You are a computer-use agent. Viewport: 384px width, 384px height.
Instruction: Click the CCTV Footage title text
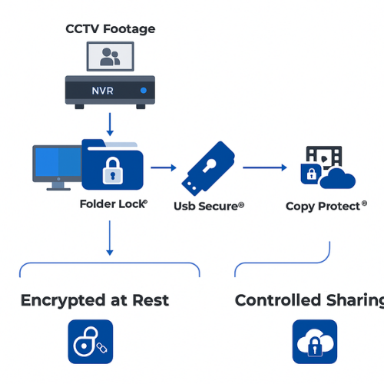pyautogui.click(x=110, y=29)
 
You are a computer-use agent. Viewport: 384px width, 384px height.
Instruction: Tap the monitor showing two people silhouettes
pyautogui.click(x=111, y=57)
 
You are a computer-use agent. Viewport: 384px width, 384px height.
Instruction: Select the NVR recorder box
pyautogui.click(x=110, y=91)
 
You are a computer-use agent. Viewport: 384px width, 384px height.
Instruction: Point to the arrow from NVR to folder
pyautogui.click(x=110, y=123)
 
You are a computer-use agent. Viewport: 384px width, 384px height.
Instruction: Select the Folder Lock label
pyautogui.click(x=113, y=204)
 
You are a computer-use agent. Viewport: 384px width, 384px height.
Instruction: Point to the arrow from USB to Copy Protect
pyautogui.click(x=265, y=166)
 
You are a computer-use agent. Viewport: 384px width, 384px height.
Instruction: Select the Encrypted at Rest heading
pyautogui.click(x=96, y=300)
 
